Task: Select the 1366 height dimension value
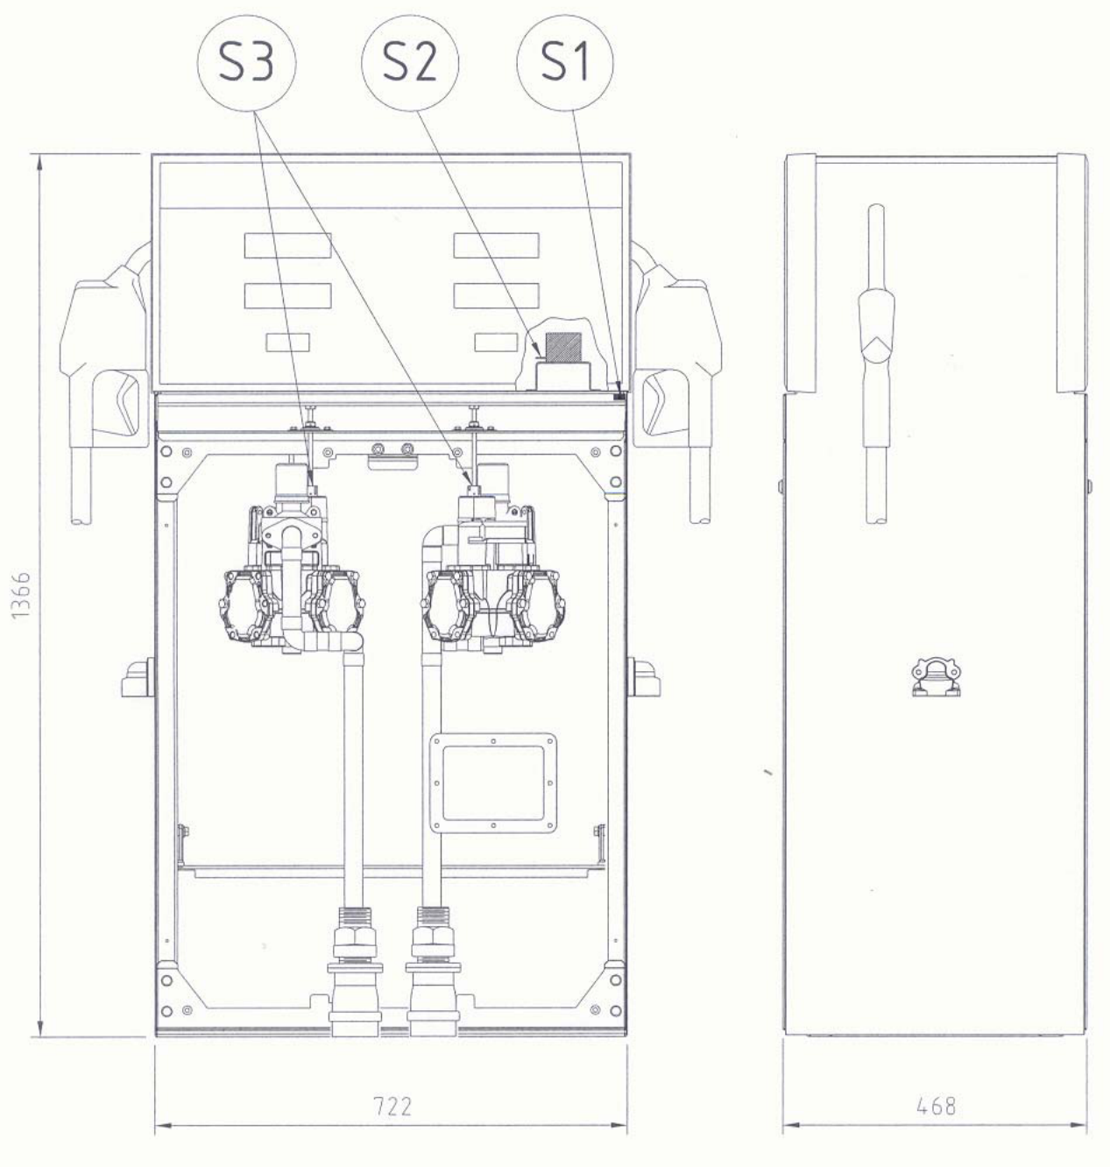click(21, 595)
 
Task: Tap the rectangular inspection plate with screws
click(493, 783)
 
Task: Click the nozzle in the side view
click(876, 364)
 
